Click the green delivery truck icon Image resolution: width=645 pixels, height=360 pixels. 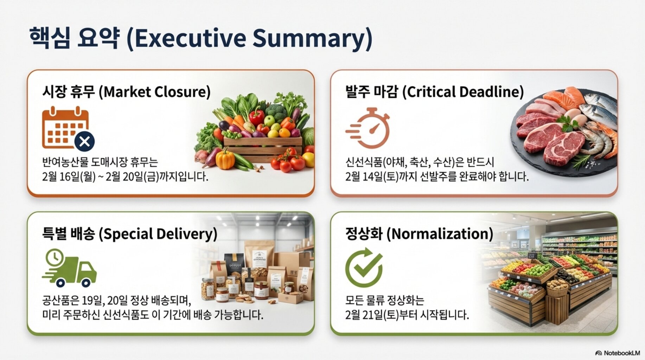point(69,268)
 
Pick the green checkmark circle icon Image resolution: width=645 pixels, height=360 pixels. point(364,268)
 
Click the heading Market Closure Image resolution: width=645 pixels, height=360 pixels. point(157,92)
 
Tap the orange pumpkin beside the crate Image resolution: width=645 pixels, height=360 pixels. point(225,159)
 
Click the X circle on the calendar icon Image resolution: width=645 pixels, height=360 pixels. point(84,141)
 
